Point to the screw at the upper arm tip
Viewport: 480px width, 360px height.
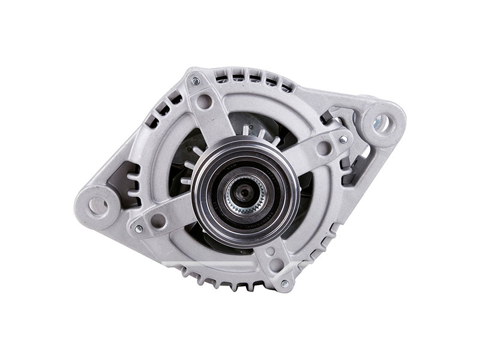click(194, 79)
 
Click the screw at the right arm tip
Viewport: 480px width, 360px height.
click(343, 139)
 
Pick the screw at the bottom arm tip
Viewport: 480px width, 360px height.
click(284, 283)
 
